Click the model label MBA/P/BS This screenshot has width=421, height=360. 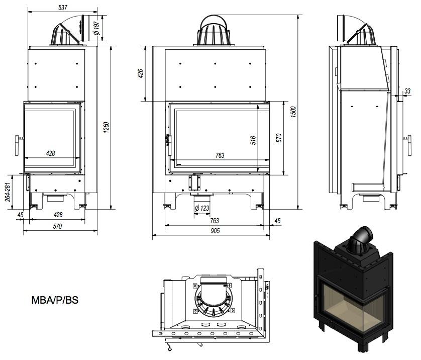pyautogui.click(x=55, y=300)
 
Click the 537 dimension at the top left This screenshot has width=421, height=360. pyautogui.click(x=63, y=8)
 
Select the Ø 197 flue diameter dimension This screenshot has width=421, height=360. pyautogui.click(x=96, y=28)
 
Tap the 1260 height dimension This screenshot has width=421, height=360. pyautogui.click(x=107, y=127)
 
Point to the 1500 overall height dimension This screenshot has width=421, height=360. pyautogui.click(x=293, y=112)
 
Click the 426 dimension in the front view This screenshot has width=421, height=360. pyautogui.click(x=141, y=73)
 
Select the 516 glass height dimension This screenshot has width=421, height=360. pyautogui.click(x=253, y=140)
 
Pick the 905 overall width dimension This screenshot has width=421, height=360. pyautogui.click(x=215, y=231)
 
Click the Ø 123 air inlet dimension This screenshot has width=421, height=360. pyautogui.click(x=202, y=208)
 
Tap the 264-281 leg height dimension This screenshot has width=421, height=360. pyautogui.click(x=8, y=192)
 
